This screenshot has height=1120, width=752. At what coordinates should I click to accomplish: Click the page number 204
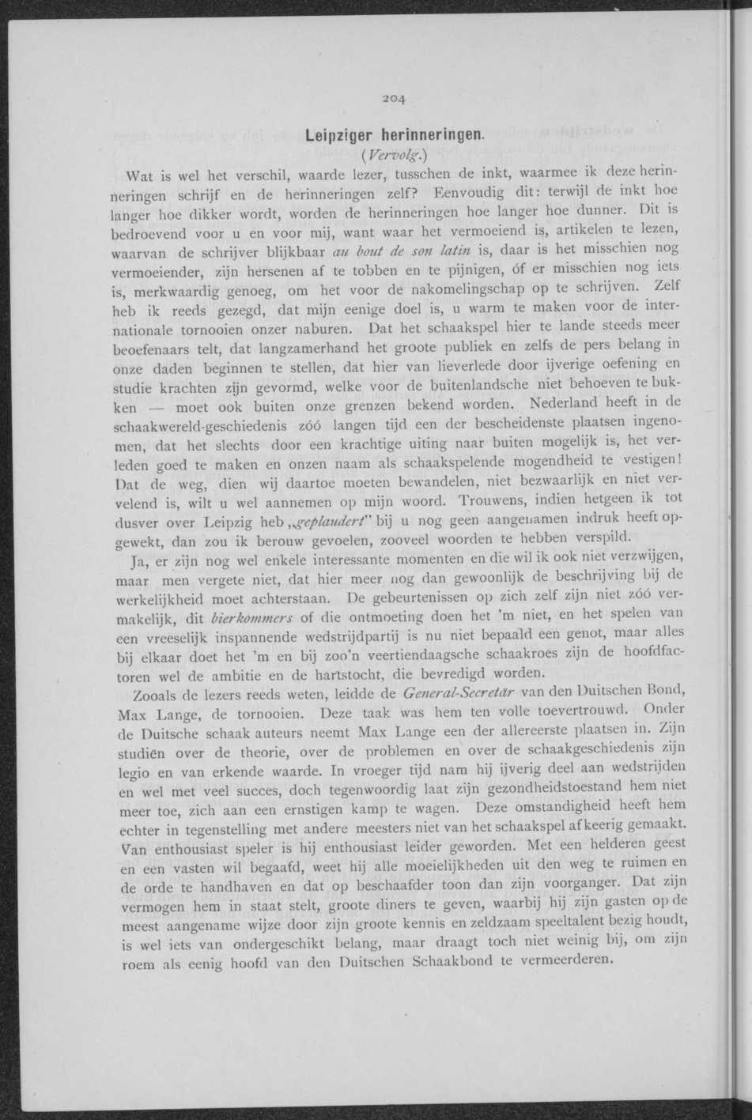click(393, 99)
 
